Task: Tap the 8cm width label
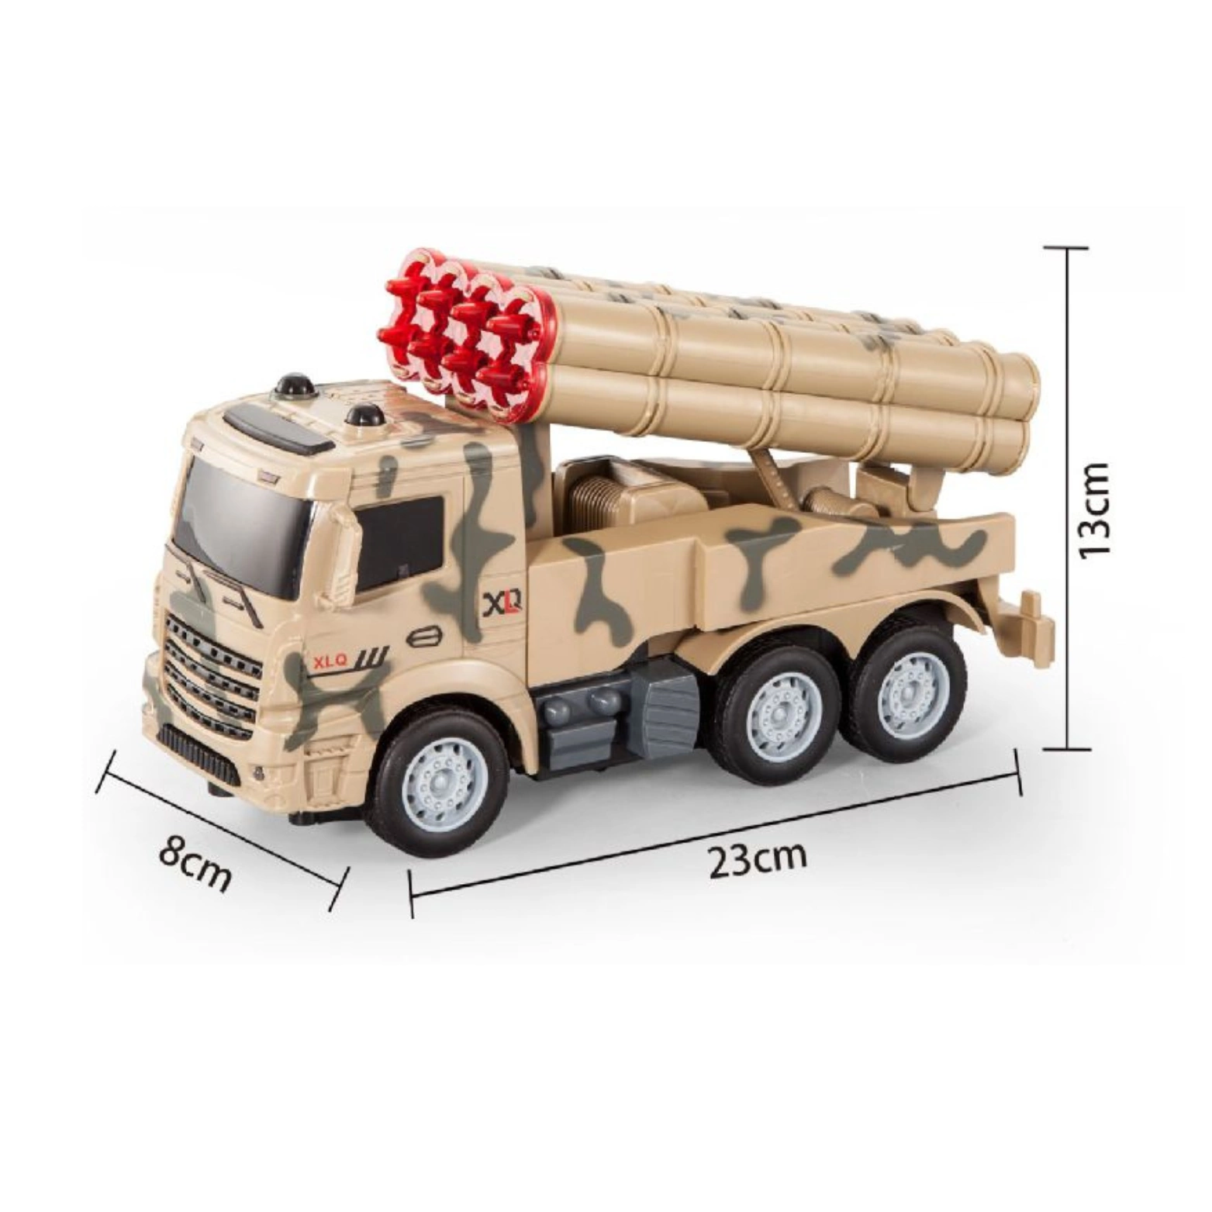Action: pos(195,862)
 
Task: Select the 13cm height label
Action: pos(1094,509)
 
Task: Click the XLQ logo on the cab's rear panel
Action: pos(503,603)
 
